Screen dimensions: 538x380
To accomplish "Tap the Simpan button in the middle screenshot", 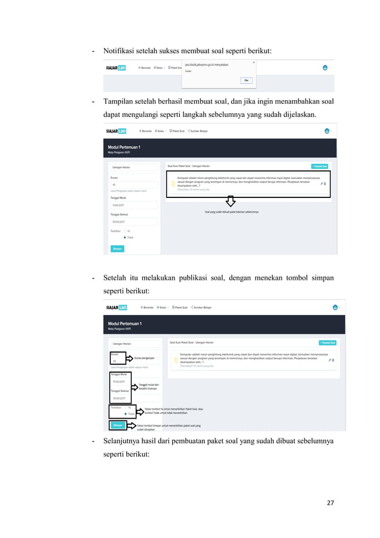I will pyautogui.click(x=117, y=248).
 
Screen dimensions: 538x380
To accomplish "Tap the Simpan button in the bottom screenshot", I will pyautogui.click(x=117, y=425).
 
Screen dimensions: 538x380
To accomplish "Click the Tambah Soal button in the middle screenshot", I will pyautogui.click(x=320, y=166).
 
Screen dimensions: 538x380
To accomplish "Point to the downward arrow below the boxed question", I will pyautogui.click(x=231, y=201).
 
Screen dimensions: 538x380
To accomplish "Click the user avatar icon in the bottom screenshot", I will pyautogui.click(x=335, y=308).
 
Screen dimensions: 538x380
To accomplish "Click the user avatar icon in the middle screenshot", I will pyautogui.click(x=327, y=131).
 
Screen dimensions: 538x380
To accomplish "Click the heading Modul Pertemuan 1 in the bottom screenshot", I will pyautogui.click(x=124, y=323).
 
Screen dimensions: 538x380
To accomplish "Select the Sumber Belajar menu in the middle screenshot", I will pyautogui.click(x=200, y=131).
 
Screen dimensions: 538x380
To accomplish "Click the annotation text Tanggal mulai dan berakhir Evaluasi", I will pyautogui.click(x=148, y=387).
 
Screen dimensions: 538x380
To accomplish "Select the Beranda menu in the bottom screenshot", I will pyautogui.click(x=147, y=308).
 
